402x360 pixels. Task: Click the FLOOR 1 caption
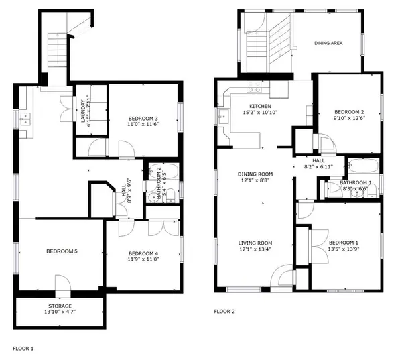(23, 349)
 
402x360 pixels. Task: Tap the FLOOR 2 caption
(225, 312)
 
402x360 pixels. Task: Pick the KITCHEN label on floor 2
(261, 107)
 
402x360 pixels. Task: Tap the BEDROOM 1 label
(343, 242)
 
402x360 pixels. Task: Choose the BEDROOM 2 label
(349, 111)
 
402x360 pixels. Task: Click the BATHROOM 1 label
(355, 182)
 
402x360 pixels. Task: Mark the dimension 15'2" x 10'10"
(261, 114)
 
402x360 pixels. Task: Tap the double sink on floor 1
(26, 121)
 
